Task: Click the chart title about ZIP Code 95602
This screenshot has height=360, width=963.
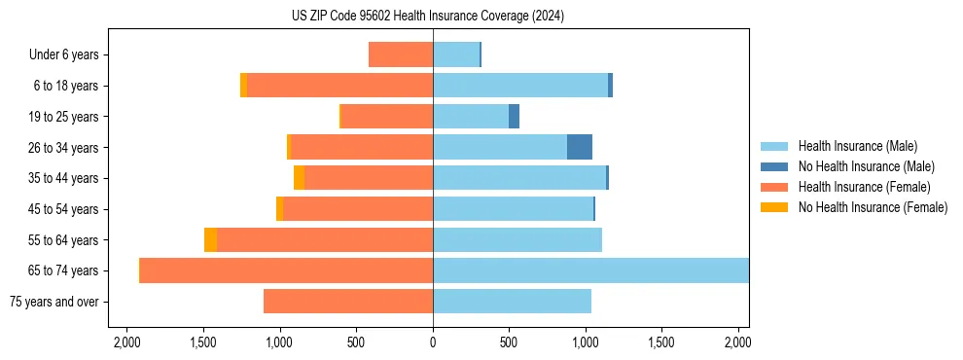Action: click(x=427, y=17)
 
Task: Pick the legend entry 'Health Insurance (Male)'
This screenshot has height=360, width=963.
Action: click(x=857, y=146)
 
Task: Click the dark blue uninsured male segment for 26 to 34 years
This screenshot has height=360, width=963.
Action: click(x=580, y=147)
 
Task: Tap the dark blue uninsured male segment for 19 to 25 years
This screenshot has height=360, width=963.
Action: click(x=514, y=117)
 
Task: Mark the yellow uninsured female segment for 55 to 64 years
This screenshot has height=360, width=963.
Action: click(x=210, y=239)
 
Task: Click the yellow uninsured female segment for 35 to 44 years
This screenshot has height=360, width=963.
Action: click(x=299, y=178)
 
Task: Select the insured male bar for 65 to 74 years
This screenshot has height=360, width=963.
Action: click(x=590, y=270)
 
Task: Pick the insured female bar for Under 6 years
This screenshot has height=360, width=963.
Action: click(x=401, y=55)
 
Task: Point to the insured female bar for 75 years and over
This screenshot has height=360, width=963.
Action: click(x=348, y=302)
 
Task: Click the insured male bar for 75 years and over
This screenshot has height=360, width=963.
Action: click(x=512, y=302)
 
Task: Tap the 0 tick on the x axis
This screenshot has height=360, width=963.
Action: click(x=433, y=342)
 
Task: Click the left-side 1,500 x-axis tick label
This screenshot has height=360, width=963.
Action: click(x=203, y=342)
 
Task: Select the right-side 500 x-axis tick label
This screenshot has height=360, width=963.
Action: click(x=509, y=342)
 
